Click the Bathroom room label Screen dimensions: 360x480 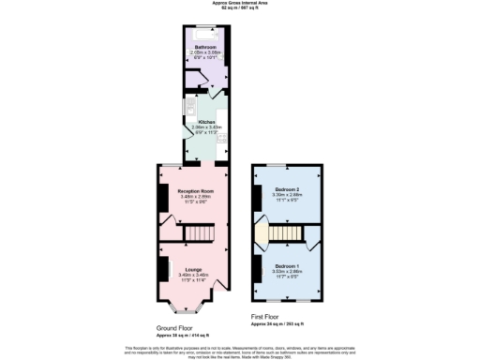point(205,46)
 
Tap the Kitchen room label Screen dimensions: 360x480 point(205,122)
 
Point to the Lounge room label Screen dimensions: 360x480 point(193,268)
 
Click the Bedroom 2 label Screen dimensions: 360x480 point(287,189)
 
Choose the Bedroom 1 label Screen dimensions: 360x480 point(287,266)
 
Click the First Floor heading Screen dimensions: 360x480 point(265,316)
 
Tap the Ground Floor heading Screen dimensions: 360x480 point(174,329)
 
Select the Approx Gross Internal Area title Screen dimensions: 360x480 point(239,5)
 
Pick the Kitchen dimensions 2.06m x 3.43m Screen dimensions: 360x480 point(205,127)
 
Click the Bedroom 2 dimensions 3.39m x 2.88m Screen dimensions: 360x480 point(287,195)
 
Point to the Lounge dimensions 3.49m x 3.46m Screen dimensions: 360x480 point(193,274)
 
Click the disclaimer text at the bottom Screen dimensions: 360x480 point(240,351)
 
